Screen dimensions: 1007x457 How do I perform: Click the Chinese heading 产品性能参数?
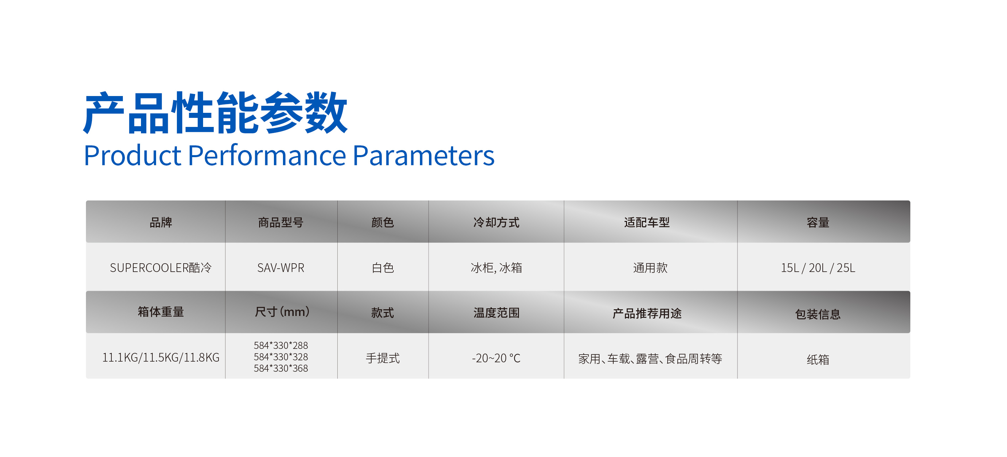[x=215, y=112]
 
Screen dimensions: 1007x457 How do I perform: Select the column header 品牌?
[x=161, y=222]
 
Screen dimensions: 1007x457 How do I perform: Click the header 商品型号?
[x=281, y=222]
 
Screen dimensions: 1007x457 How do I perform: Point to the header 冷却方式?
[x=496, y=222]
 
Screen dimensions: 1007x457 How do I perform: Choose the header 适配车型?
[x=647, y=222]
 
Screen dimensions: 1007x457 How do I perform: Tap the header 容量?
[x=818, y=222]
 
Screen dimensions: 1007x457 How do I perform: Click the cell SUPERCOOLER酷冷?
[x=161, y=268]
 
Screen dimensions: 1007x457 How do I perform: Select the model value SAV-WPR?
[x=281, y=268]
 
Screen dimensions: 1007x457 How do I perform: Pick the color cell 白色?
[x=383, y=268]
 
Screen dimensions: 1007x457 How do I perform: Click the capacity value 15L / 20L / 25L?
[x=818, y=268]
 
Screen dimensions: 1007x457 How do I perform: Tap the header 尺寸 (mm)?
[x=282, y=312]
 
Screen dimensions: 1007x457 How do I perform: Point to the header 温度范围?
[x=496, y=313]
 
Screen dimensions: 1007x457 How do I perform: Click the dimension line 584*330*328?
[x=281, y=357]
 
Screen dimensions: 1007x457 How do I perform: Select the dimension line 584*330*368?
[x=281, y=368]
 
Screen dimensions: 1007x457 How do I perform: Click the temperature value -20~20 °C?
[x=496, y=358]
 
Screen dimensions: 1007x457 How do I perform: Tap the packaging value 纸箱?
[x=818, y=359]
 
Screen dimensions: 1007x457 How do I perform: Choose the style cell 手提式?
[x=383, y=358]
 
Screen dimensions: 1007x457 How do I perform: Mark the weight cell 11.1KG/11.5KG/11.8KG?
[x=161, y=357]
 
